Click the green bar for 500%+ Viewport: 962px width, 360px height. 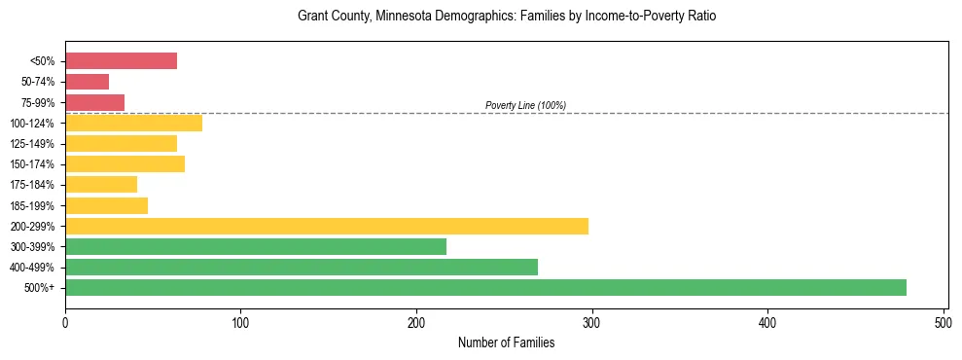[x=485, y=287]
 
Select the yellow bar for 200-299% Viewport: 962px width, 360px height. [x=327, y=226]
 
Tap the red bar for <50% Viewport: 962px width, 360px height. [x=121, y=61]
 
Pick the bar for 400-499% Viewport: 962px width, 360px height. [x=302, y=267]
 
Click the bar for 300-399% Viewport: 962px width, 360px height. [x=256, y=246]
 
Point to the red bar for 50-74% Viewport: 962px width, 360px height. [x=87, y=82]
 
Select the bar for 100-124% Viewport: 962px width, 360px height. [x=133, y=123]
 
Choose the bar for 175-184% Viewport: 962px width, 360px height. [x=101, y=184]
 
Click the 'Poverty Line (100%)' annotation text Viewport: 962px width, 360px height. [x=525, y=105]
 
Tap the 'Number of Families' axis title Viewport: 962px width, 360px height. [x=507, y=342]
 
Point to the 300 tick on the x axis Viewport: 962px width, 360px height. [x=592, y=321]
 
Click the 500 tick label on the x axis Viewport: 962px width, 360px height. [x=944, y=321]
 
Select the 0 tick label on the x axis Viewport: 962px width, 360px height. [x=65, y=321]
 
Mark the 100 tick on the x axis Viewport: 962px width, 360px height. [x=241, y=321]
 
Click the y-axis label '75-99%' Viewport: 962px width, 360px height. [x=43, y=102]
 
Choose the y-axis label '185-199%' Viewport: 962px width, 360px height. [x=38, y=205]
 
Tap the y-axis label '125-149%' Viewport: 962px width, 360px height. [x=38, y=143]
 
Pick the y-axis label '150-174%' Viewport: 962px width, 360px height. [x=38, y=163]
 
